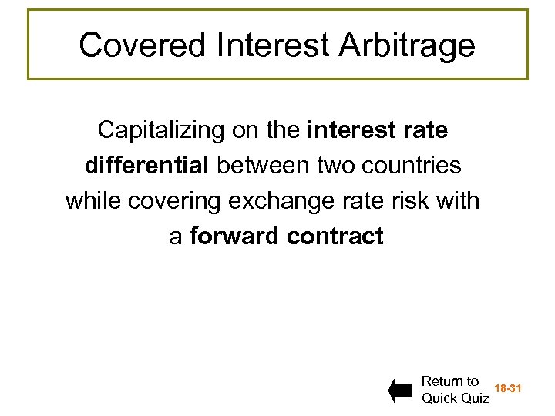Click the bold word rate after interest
coord(424,130)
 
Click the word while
coord(94,201)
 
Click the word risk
coord(415,201)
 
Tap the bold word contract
coord(335,236)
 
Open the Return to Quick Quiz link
coord(455,390)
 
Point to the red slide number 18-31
coord(508,389)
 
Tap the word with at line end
coord(461,201)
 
